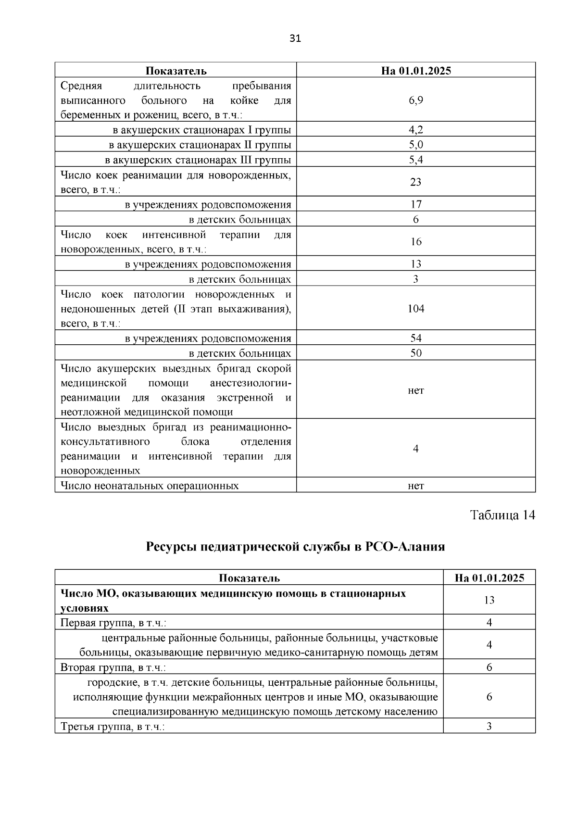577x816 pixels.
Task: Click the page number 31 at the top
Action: (295, 39)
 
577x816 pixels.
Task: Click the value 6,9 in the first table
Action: (416, 100)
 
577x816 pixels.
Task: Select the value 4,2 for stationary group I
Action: (416, 129)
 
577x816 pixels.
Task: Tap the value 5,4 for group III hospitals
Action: (416, 160)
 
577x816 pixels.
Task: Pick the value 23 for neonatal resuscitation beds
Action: (416, 182)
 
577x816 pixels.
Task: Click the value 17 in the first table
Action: (416, 204)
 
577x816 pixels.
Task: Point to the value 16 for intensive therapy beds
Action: (416, 241)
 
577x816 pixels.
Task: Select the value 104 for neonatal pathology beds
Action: (416, 308)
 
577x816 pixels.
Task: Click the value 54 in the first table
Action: (416, 338)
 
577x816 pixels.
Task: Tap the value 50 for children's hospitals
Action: (416, 353)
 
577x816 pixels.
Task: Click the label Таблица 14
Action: (502, 515)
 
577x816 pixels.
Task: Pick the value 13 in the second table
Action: (489, 600)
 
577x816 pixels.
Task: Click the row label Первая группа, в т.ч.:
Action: (113, 623)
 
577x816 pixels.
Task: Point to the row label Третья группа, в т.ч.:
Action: (113, 727)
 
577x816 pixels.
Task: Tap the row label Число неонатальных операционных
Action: (150, 485)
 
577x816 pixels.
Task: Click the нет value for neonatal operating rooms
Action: (416, 486)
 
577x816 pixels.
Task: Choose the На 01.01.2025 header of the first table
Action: (416, 71)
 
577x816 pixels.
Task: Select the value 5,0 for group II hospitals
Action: (416, 145)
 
